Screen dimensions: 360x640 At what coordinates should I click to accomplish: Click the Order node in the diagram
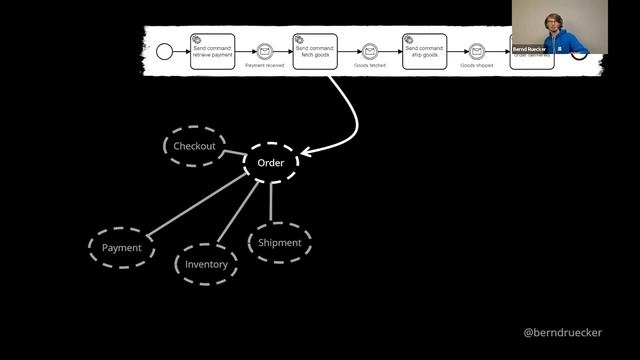(271, 163)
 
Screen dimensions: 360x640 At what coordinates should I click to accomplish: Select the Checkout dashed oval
(194, 146)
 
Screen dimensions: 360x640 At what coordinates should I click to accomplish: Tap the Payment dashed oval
(122, 248)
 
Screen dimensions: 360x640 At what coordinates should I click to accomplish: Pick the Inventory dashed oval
(206, 264)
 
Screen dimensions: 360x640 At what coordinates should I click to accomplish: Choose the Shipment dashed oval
(279, 243)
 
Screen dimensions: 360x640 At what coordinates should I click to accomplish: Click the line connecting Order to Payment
(195, 209)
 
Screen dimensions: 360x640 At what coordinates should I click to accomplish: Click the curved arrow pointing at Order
(352, 120)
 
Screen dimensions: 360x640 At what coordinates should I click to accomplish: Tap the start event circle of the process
(165, 48)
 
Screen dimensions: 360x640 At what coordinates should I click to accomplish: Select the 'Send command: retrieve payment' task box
(212, 48)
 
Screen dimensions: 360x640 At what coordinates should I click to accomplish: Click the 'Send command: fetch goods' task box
(315, 48)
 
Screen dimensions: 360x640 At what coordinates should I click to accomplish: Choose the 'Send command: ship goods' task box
(423, 48)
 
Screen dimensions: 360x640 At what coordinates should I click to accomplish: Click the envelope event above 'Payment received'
(264, 49)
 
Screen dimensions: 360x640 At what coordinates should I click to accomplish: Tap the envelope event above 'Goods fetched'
(370, 49)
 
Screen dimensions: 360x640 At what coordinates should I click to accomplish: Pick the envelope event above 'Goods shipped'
(477, 49)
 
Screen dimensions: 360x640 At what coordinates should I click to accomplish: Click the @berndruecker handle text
(563, 332)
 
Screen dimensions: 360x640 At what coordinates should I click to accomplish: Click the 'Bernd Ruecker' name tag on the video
(530, 48)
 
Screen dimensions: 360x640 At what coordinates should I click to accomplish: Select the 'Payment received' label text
(264, 65)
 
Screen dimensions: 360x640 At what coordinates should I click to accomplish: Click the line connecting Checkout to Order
(234, 155)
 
